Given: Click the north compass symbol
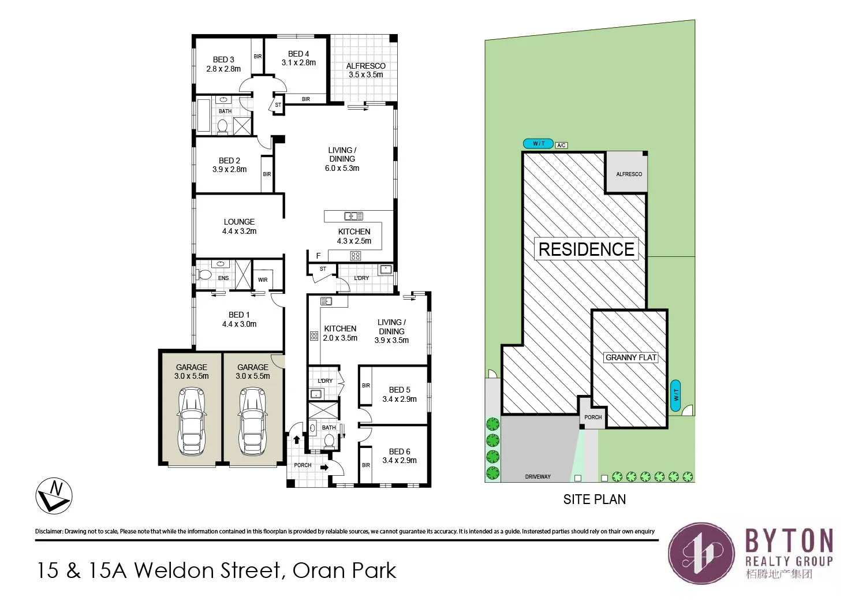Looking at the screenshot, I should point(54,496).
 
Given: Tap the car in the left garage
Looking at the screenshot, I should point(192,421).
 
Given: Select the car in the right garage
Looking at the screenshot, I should point(253,421).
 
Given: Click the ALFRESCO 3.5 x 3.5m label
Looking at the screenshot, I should point(365,70).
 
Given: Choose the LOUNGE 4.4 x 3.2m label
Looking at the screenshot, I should point(239,226).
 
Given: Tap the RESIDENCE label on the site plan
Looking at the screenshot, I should point(586,249).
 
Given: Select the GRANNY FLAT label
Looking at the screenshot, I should point(630,357).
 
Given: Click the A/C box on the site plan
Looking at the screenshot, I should point(561,145).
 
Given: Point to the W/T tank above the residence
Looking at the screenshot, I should point(538,144).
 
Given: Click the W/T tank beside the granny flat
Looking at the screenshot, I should point(676,395).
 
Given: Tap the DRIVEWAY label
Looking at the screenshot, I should point(537,477).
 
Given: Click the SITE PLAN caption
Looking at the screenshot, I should point(594,499).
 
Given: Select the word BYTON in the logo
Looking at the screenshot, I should point(789,541).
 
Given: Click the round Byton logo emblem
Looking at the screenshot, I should point(700,554).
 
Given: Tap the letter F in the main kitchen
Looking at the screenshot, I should point(318,256).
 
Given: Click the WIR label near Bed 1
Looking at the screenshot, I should point(263,280).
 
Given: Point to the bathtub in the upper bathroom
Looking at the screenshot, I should point(204,116).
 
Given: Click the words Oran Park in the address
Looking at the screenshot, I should point(344,570).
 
